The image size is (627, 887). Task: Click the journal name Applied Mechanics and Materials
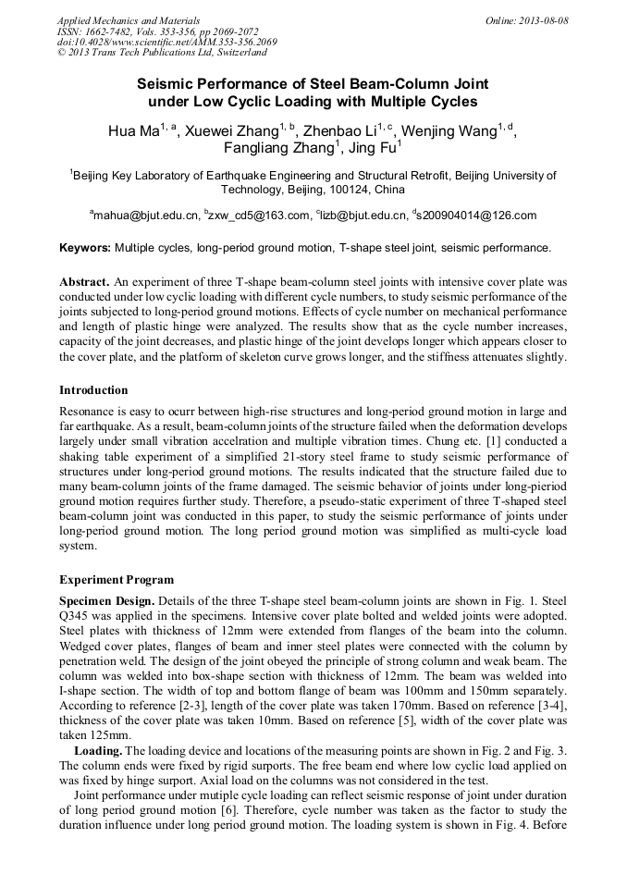point(129,19)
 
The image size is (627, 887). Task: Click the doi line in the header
point(166,42)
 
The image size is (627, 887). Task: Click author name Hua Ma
point(134,131)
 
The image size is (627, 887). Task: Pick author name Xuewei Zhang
point(230,131)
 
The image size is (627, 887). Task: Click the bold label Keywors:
point(85,248)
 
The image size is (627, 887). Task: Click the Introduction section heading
point(93,390)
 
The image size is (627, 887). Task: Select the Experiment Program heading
point(117,580)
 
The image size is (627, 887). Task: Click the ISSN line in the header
point(158,31)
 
